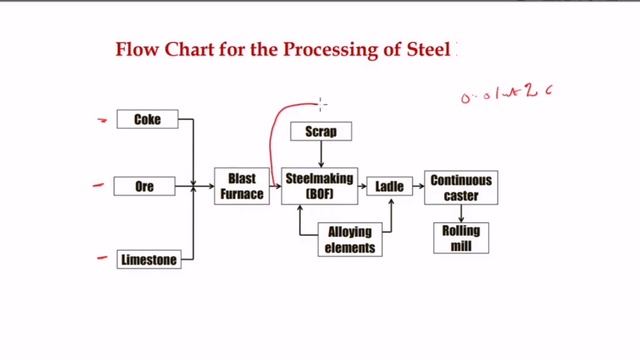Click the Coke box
click(147, 119)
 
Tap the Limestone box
click(148, 260)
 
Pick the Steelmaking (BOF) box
click(320, 187)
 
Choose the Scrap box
click(320, 131)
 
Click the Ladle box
click(388, 186)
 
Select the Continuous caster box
click(461, 187)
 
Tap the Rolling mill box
click(461, 237)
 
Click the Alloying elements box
click(349, 240)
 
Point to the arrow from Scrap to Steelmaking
click(320, 153)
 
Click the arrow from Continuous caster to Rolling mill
click(461, 213)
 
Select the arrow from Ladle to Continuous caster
click(416, 186)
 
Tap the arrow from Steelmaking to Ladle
click(364, 186)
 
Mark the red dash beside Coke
click(101, 120)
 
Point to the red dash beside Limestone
click(101, 257)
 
